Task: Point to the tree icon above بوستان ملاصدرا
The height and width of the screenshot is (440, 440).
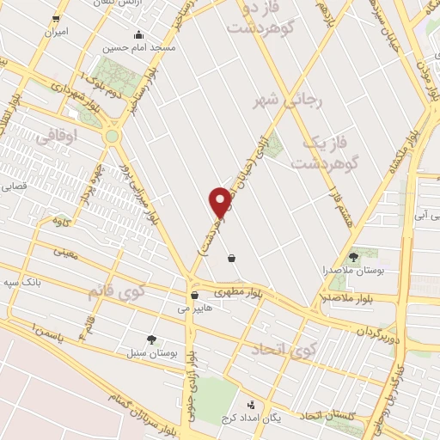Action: point(353,256)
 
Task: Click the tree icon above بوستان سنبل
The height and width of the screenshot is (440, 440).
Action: point(151,339)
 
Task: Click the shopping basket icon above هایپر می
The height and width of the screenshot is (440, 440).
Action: point(194,295)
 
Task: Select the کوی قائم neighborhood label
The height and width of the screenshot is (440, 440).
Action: point(117,292)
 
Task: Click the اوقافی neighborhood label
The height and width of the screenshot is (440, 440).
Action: point(58,136)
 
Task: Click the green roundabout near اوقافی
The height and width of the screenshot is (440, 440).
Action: point(112,136)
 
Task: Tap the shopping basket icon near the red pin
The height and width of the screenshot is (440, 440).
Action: point(232,257)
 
